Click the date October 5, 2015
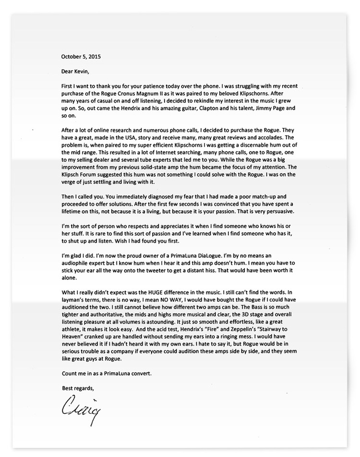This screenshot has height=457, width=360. tap(81, 56)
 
